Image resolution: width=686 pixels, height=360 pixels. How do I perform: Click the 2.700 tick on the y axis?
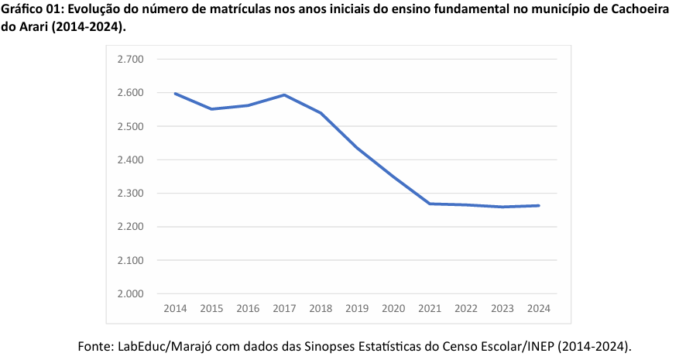coord(130,60)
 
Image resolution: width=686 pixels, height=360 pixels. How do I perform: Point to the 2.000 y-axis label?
coord(130,294)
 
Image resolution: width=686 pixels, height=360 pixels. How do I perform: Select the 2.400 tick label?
coord(130,160)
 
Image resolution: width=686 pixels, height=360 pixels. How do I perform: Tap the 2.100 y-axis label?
coord(130,261)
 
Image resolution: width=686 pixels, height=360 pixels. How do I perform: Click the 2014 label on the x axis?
coord(175,308)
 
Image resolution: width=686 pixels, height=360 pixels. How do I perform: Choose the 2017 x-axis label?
coord(284,308)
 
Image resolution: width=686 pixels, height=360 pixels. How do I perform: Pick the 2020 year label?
coord(393,308)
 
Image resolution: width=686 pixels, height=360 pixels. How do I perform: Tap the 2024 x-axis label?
coord(538,308)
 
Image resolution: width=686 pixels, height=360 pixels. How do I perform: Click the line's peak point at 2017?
coord(284,95)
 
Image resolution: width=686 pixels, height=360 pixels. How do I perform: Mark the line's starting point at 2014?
coord(175,94)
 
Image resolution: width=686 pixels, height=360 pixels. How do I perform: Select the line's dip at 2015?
coord(211,109)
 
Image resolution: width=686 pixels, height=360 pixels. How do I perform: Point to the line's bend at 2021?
coord(430,204)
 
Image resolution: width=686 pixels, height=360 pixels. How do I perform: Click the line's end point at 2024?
coord(538,206)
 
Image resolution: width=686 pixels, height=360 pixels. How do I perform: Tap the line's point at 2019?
coord(357,147)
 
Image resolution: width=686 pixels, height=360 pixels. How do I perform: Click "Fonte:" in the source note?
coord(95,345)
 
